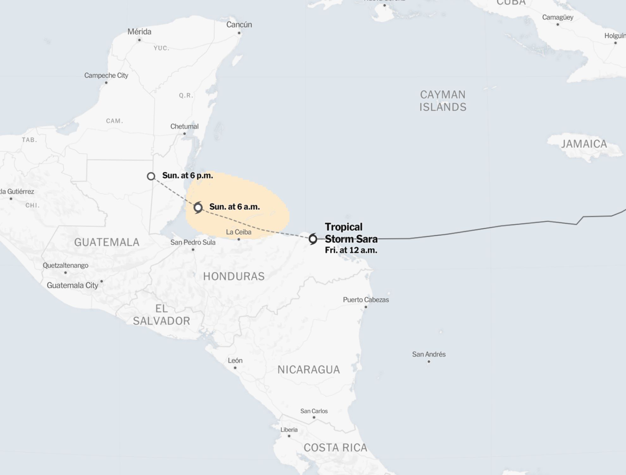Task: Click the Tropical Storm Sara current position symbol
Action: tap(313, 239)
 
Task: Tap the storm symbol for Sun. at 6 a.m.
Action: tap(198, 207)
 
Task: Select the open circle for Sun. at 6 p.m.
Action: tap(151, 176)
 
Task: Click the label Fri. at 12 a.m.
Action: tap(351, 250)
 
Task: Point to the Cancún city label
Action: tap(239, 25)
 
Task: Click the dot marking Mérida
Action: tap(139, 40)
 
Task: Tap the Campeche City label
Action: tap(106, 75)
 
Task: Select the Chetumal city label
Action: tap(184, 126)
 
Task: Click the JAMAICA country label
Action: tap(584, 144)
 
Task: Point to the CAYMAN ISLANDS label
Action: tap(443, 101)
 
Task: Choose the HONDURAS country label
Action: tap(234, 276)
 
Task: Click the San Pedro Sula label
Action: tap(193, 242)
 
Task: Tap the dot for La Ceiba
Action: tap(239, 239)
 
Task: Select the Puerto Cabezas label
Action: tap(366, 300)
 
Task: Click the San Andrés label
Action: tap(429, 354)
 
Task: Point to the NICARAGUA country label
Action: tap(309, 370)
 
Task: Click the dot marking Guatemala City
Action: tap(101, 281)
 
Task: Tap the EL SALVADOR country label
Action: tap(161, 315)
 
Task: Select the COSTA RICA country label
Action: tap(335, 448)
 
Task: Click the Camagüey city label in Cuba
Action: tap(558, 17)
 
